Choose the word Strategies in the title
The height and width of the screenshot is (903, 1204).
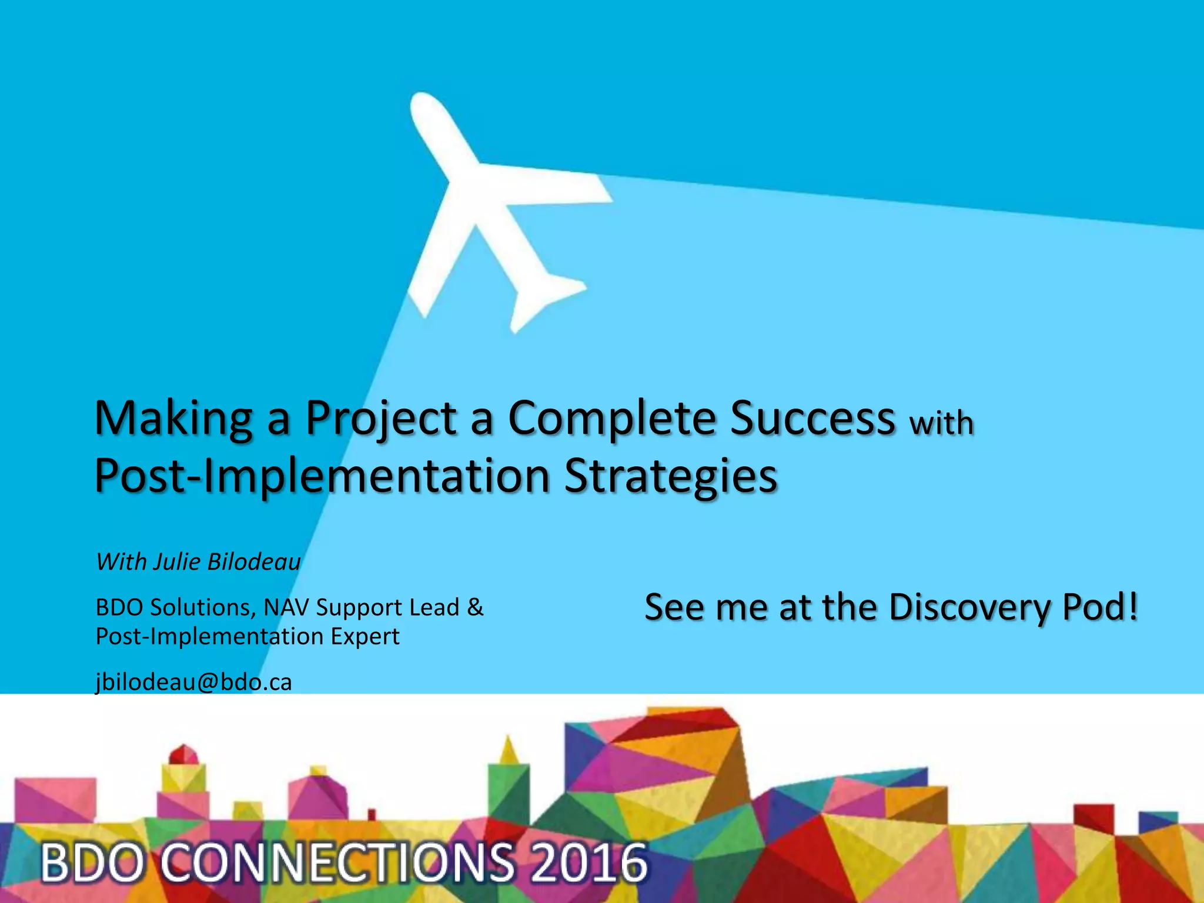pos(671,476)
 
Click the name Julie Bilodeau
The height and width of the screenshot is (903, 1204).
pos(227,562)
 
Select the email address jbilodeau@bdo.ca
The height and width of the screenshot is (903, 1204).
pos(194,682)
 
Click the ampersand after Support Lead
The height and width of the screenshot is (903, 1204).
pos(475,607)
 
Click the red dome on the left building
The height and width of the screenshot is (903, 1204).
pos(184,754)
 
